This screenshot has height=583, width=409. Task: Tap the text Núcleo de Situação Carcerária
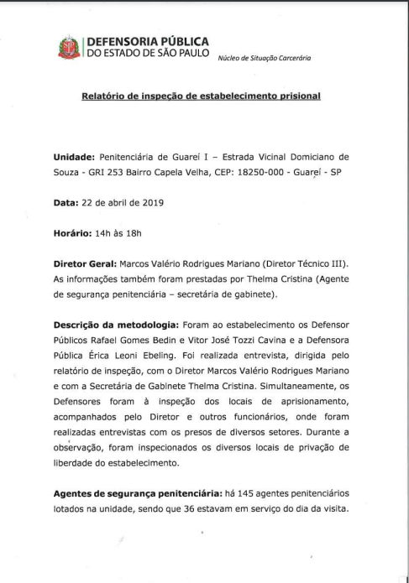(264, 57)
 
